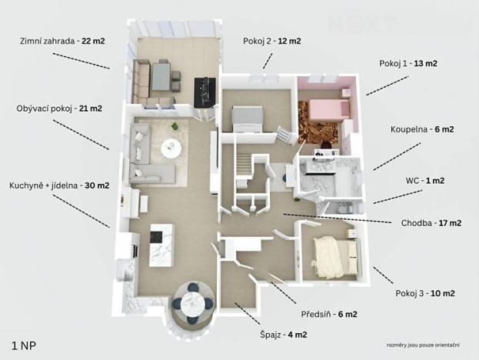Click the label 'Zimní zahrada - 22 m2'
pos(62,41)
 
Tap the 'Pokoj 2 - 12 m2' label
pos(272,41)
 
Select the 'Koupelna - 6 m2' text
pos(422,129)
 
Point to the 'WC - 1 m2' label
pos(425,181)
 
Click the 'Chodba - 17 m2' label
pos(431,223)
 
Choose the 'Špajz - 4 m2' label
pos(284,335)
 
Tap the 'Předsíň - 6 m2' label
pos(329,314)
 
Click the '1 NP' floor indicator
pos(24,346)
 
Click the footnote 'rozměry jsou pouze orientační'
pos(423,345)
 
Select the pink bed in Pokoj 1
pos(329,109)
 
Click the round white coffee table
pos(171,148)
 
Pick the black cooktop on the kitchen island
pos(156,237)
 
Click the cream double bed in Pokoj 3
pos(336,258)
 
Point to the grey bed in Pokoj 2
pos(247,118)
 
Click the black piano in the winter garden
pos(205,92)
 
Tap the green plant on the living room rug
pos(175,126)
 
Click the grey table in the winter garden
pos(161,76)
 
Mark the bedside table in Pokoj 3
pos(351,233)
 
